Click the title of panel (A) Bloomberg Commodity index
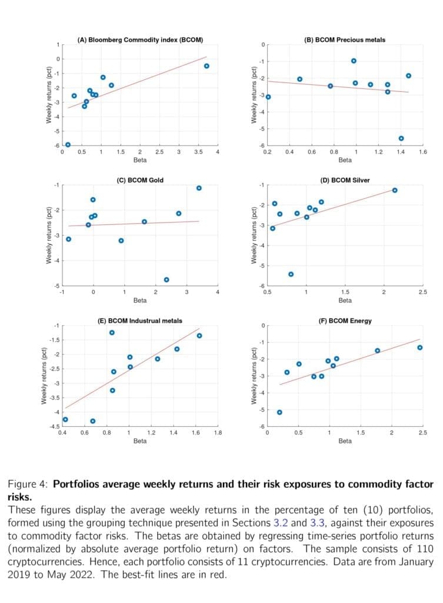[140, 39]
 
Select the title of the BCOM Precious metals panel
[345, 39]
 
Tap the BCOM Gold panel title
[140, 180]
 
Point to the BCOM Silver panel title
[345, 180]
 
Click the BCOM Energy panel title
[345, 321]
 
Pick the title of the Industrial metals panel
[140, 321]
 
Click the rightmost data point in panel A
[206, 66]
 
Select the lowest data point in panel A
[68, 145]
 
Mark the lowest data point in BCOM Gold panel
[166, 280]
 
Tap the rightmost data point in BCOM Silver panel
[395, 190]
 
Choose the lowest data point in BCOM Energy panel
[279, 412]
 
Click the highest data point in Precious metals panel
[354, 61]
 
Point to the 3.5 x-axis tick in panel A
[198, 152]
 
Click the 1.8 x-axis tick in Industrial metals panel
[218, 433]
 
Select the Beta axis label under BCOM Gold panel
[140, 300]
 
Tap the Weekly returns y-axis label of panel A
[49, 96]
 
